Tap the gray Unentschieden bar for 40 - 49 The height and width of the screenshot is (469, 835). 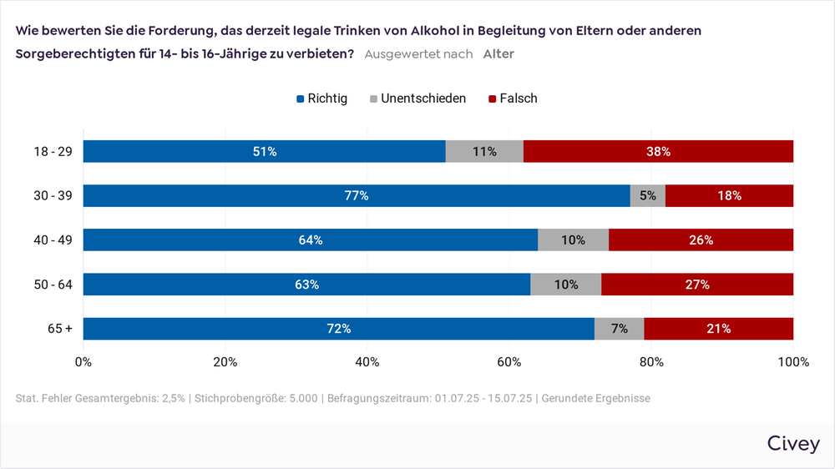coord(573,240)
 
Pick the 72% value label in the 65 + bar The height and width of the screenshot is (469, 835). coord(338,329)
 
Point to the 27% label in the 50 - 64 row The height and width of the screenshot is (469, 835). coord(697,285)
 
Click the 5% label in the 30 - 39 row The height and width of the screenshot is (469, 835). coord(647,196)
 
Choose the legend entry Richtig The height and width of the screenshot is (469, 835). coord(321,98)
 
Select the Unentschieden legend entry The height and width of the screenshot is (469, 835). coord(417,98)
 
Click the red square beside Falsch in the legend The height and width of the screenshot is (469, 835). coord(492,99)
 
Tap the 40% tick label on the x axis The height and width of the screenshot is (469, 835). coord(367,362)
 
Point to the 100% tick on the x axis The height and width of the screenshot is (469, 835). coord(792,362)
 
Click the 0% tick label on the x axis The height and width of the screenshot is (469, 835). coord(83,362)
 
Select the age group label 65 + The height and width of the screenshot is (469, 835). coord(59,329)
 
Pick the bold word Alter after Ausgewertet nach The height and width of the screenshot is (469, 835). coord(498,54)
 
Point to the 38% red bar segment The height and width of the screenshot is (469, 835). coord(658,151)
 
